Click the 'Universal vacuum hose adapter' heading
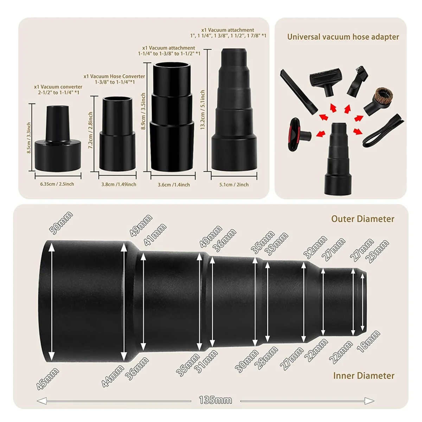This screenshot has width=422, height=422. tap(343, 37)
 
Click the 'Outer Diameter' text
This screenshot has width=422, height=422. tap(363, 219)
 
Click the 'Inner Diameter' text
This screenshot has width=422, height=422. tap(364, 376)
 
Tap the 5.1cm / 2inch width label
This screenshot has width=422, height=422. tap(235, 184)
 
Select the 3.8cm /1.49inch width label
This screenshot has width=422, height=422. tap(119, 184)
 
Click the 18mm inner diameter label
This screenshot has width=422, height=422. tap(369, 341)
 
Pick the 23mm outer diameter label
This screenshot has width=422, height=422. tap(377, 249)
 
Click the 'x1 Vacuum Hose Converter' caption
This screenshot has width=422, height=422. tap(114, 76)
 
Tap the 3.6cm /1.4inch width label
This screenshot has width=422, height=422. tap(174, 184)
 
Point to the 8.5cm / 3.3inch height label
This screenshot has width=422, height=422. tap(29, 138)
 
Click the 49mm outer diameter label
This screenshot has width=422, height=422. tap(141, 225)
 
